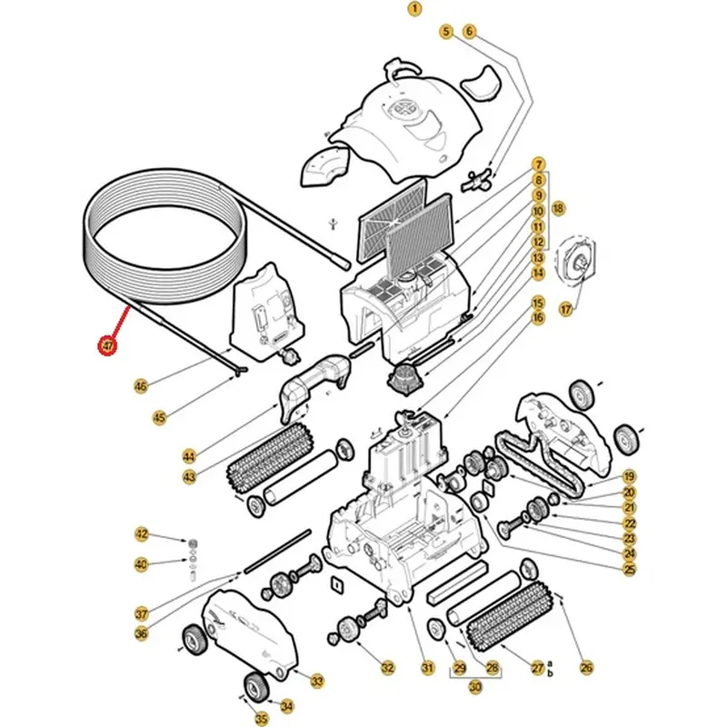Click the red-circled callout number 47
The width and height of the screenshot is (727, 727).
107,346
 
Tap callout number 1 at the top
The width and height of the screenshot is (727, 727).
414,8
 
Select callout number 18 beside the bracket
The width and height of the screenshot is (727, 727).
558,209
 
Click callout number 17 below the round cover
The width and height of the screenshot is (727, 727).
566,309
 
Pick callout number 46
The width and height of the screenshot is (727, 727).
141,385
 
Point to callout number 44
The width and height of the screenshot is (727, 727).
189,457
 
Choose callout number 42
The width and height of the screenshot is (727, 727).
142,533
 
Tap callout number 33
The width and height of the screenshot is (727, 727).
317,681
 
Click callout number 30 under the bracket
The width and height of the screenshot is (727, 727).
475,687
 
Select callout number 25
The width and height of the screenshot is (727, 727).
629,569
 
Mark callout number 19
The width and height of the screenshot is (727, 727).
629,476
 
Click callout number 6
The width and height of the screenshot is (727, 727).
469,32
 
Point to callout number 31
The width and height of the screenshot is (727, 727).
427,668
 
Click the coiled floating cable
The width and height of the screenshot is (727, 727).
166,236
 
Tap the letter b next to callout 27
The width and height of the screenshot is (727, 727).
551,672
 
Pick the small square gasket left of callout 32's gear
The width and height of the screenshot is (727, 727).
336,585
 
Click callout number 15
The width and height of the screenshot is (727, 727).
538,304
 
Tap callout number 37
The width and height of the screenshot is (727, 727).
142,614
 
